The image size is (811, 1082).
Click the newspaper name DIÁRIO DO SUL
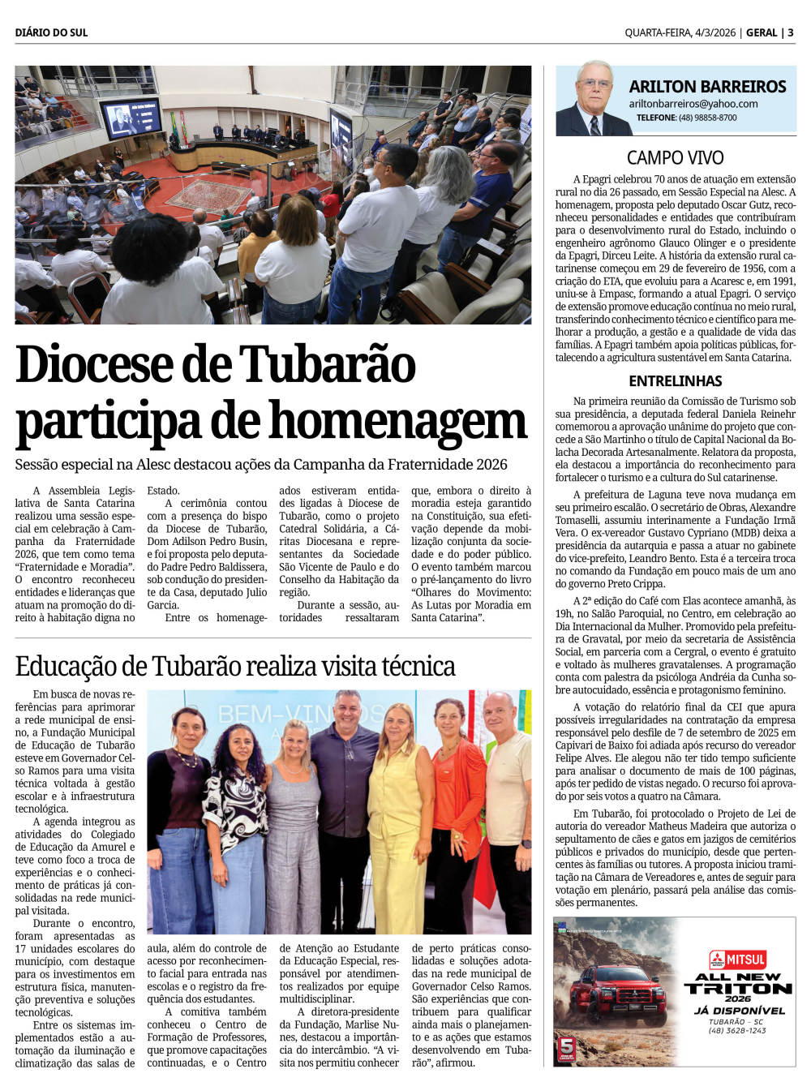pyautogui.click(x=51, y=32)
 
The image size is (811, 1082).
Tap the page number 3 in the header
pyautogui.click(x=791, y=32)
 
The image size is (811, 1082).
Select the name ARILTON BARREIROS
pyautogui.click(x=707, y=86)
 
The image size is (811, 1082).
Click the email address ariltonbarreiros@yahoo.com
pyautogui.click(x=693, y=104)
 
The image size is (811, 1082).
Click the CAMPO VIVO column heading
pyautogui.click(x=675, y=158)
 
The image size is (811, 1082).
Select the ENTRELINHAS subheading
pyautogui.click(x=675, y=381)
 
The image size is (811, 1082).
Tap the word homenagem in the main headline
pyautogui.click(x=398, y=422)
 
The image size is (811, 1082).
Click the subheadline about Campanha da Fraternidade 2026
pyautogui.click(x=261, y=465)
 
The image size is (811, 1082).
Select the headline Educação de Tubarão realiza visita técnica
pyautogui.click(x=235, y=666)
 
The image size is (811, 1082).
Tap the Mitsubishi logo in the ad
pyautogui.click(x=718, y=960)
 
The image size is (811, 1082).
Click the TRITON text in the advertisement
pyautogui.click(x=738, y=989)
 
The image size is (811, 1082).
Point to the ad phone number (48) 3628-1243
pyautogui.click(x=737, y=1030)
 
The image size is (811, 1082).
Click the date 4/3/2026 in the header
pyautogui.click(x=714, y=32)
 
